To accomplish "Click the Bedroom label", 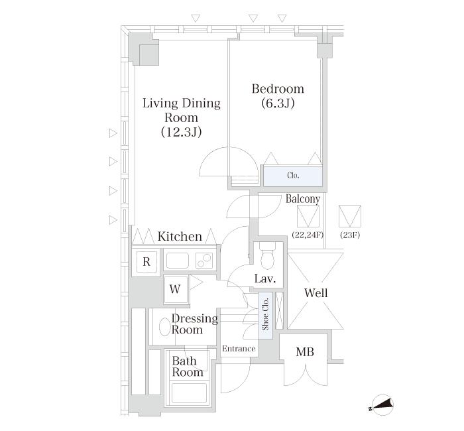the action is (278, 89).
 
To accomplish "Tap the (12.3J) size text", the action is (182, 132).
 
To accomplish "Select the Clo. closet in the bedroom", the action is (293, 176).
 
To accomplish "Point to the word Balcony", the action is (303, 199).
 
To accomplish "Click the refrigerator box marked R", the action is (146, 262).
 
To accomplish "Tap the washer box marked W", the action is (176, 289).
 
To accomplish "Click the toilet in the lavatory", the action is (268, 257).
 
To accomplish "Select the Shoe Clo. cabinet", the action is (265, 316).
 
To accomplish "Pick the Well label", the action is (316, 293).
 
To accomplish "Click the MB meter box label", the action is (305, 352).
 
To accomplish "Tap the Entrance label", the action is (239, 349).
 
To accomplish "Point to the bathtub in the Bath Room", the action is (189, 393).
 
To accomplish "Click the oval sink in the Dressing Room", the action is (165, 327).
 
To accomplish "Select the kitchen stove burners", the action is (204, 261).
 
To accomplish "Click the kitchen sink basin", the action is (178, 261).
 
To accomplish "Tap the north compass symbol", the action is (382, 405).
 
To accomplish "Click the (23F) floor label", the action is (350, 235).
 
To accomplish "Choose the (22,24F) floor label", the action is (308, 235).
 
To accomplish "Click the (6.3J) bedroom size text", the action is (278, 103).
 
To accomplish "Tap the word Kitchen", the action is (180, 237).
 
